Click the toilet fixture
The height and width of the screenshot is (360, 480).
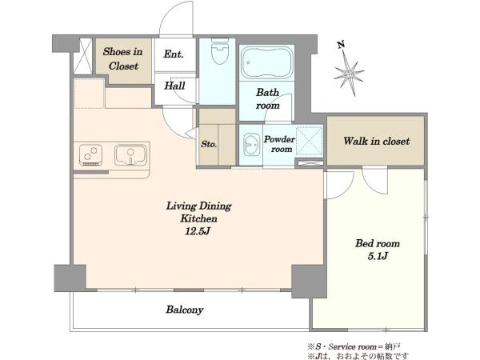(221, 51)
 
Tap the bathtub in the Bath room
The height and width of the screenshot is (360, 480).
(267, 63)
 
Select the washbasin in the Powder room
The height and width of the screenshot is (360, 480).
(251, 144)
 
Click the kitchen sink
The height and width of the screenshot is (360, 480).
(130, 154)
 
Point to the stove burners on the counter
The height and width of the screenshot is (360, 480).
(90, 154)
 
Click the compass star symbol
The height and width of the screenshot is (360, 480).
(349, 74)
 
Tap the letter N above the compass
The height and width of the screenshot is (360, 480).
(341, 45)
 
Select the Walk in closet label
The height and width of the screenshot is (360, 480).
(376, 141)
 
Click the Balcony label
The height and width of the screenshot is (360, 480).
(185, 310)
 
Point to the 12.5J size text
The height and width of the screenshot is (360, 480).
(198, 231)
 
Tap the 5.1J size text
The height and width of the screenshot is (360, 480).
(378, 256)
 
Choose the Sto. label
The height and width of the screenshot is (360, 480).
(209, 144)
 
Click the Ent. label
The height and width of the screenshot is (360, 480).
(174, 54)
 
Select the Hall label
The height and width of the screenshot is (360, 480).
(174, 86)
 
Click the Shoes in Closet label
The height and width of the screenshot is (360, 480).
(123, 58)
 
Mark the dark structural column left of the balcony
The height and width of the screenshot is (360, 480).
(70, 278)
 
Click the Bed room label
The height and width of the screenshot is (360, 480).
(378, 244)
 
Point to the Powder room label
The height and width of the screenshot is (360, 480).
(279, 144)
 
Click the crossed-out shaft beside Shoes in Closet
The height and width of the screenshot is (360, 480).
(83, 56)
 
